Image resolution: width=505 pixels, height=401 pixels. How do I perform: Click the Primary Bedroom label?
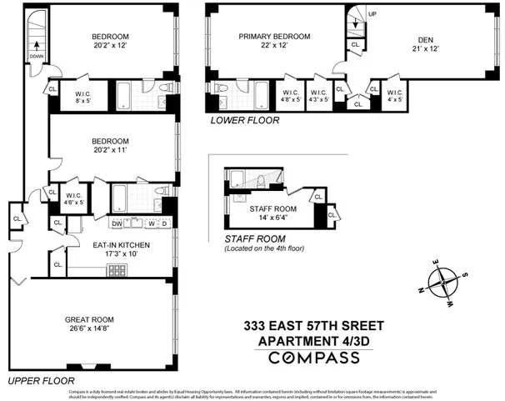[274, 37]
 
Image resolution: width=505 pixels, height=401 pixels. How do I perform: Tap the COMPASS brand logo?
[313, 357]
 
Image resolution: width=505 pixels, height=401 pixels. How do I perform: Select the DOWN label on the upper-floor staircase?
[37, 57]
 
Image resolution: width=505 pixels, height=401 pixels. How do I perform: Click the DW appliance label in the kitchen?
[117, 223]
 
